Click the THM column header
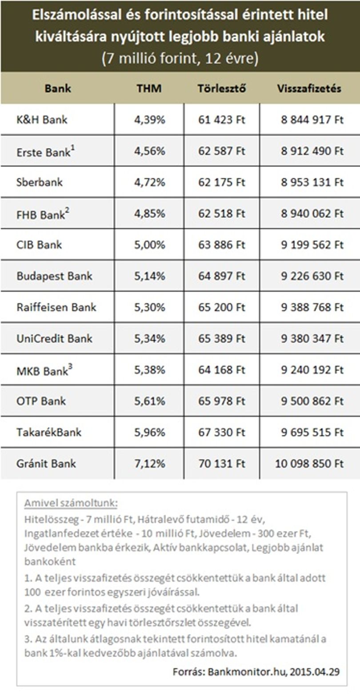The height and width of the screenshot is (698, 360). (x=149, y=88)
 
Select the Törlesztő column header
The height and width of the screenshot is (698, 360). (x=221, y=88)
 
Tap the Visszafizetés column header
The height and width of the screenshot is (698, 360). (x=309, y=88)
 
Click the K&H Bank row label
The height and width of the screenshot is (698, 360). (x=42, y=120)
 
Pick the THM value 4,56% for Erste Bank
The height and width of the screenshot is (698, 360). (x=149, y=151)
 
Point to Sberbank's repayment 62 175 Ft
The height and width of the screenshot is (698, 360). (x=222, y=182)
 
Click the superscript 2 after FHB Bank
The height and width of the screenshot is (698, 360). (x=67, y=210)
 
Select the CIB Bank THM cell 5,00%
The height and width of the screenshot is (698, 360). (x=149, y=245)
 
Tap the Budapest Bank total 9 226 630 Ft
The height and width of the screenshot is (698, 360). (x=312, y=276)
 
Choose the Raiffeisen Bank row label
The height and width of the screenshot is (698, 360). (x=56, y=307)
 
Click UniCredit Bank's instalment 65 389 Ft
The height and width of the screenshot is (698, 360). (x=222, y=338)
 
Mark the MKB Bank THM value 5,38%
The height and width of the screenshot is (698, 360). (x=149, y=370)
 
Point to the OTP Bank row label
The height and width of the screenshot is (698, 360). (x=41, y=401)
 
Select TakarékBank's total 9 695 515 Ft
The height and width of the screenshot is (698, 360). (x=312, y=432)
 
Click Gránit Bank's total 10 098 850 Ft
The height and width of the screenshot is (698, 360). (x=309, y=464)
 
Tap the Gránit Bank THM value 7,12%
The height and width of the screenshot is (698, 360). (x=149, y=464)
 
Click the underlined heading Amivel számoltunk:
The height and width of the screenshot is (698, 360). (x=71, y=503)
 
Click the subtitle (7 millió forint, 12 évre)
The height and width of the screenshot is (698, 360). (x=180, y=58)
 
